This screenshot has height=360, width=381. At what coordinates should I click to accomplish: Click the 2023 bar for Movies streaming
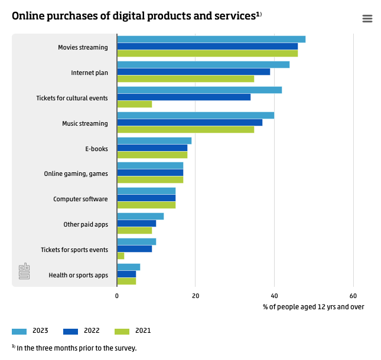click(211, 39)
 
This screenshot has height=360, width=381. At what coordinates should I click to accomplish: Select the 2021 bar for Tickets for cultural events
click(135, 104)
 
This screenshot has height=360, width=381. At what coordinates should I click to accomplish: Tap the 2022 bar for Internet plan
click(193, 71)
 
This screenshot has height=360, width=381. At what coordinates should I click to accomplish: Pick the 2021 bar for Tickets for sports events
click(121, 256)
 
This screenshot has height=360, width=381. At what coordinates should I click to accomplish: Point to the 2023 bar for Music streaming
click(196, 115)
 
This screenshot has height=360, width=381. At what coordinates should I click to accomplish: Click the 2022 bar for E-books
click(152, 148)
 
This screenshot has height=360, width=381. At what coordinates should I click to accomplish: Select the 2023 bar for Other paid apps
click(140, 216)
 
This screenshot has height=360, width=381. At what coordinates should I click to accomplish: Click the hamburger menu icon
click(367, 18)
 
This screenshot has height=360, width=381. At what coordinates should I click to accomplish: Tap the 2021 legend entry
click(133, 330)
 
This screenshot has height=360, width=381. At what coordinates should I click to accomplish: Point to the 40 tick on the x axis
click(274, 296)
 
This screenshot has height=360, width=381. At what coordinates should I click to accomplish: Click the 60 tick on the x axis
click(353, 296)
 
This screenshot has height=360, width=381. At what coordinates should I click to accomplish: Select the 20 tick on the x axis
click(196, 296)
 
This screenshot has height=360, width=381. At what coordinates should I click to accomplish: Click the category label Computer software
click(80, 199)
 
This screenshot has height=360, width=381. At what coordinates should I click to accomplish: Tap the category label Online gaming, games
click(76, 174)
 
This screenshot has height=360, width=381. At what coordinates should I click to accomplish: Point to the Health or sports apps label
click(78, 275)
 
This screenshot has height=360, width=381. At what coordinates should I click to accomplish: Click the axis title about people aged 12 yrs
click(314, 307)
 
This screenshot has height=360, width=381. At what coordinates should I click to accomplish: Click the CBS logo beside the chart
click(24, 271)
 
